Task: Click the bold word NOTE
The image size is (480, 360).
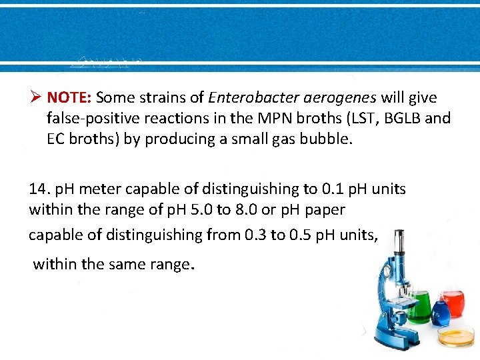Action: coord(69,98)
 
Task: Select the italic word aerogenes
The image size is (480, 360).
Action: coord(340,98)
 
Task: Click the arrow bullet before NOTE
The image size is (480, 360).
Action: coord(36,98)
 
